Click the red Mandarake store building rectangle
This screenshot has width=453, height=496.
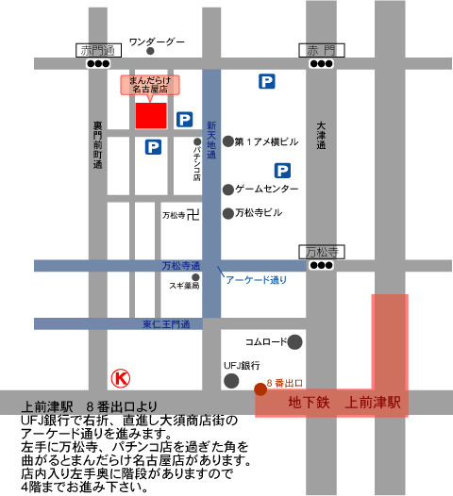point(151,114)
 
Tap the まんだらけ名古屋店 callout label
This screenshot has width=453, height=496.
point(151,84)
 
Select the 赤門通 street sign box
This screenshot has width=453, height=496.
point(96,49)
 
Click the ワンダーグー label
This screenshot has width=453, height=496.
point(157,41)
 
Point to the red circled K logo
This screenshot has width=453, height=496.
point(121,378)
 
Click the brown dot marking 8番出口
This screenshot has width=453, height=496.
point(260,387)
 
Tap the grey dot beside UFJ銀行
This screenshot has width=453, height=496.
point(231,380)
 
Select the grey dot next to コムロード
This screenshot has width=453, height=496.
point(295,341)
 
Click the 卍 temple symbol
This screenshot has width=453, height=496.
point(193,215)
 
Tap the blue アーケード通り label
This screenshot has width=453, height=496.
point(255,279)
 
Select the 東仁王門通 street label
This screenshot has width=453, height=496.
point(166,324)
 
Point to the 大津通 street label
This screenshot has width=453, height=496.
point(321,135)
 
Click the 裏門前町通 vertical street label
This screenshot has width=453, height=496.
point(96,143)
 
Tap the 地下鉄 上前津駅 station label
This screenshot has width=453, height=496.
point(344,402)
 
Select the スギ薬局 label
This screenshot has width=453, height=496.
point(184,284)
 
